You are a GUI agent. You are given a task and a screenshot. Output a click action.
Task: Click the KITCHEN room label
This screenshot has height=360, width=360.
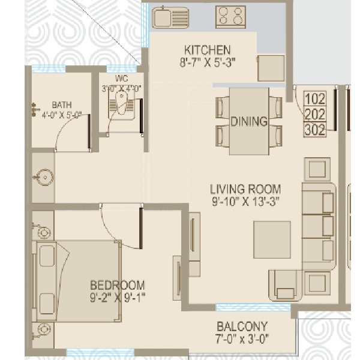[x=208, y=50]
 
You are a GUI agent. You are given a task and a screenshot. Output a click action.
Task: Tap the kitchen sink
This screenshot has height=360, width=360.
[x=170, y=17]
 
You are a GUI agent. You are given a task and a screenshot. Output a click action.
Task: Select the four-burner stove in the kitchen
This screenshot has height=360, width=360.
[x=230, y=17]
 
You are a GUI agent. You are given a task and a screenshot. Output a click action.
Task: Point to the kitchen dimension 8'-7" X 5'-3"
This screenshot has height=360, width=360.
[x=208, y=62]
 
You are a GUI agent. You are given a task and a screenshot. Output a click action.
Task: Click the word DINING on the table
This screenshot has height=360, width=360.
[x=249, y=121]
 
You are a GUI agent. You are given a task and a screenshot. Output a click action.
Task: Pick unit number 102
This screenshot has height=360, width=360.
[x=315, y=99]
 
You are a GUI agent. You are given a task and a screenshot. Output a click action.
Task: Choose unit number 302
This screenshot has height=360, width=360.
[x=315, y=130]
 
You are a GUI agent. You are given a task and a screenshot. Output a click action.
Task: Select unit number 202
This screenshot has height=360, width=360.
[x=315, y=114]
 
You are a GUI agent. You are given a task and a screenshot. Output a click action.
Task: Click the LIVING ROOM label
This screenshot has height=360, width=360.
[x=245, y=189]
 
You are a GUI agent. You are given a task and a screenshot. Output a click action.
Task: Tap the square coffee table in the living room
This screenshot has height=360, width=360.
[x=272, y=239]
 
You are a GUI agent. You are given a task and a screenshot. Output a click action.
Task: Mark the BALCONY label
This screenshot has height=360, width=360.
[x=242, y=326]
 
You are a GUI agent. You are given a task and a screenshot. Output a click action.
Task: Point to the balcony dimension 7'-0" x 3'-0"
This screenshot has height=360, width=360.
[x=242, y=338]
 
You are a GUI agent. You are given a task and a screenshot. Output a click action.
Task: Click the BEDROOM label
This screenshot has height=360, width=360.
[x=118, y=286]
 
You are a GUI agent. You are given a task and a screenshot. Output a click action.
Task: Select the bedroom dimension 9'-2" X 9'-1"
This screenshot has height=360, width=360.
[x=118, y=298]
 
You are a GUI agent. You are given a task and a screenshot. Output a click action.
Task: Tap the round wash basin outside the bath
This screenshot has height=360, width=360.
[x=44, y=177]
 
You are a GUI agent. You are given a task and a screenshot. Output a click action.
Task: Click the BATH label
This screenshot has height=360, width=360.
[x=62, y=105]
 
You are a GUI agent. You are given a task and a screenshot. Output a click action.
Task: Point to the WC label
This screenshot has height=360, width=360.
[x=122, y=79]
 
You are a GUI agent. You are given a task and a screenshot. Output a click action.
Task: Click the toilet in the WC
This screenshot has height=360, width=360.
[x=122, y=103]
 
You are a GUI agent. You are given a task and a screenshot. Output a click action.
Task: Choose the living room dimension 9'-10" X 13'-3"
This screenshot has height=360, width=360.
[x=245, y=202]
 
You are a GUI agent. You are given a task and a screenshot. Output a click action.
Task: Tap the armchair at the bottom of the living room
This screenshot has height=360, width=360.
[x=286, y=286]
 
